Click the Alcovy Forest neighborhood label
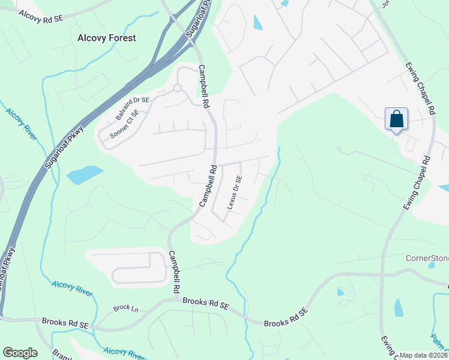coord(107,38)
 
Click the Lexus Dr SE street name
coord(234,192)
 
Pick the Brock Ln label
coord(125,308)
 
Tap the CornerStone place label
coord(427,259)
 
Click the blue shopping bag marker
coord(397,118)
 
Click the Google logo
coord(20,353)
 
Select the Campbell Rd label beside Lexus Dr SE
coord(207,187)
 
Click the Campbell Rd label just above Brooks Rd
coord(175,271)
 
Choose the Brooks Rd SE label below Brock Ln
coord(65,323)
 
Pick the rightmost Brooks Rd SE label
coord(286,317)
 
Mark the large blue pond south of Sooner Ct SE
coord(84,175)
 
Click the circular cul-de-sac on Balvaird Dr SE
coord(177,89)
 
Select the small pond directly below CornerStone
coord(399,307)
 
